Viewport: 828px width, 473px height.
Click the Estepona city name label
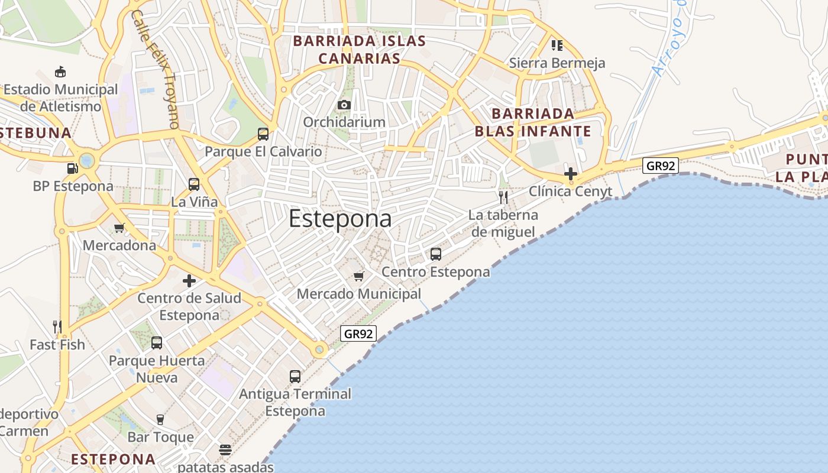340,219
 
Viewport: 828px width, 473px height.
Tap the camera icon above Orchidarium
344,105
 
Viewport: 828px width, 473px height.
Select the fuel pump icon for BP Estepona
73,169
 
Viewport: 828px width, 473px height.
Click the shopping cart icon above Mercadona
119,228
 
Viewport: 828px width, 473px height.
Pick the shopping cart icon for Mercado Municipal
358,276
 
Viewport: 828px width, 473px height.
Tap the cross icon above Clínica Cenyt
571,174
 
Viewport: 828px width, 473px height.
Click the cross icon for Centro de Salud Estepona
189,280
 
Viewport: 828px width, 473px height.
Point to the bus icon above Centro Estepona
436,254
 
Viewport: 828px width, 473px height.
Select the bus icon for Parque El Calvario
263,134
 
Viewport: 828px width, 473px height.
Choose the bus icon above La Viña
194,184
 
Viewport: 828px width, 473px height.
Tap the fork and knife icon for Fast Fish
57,326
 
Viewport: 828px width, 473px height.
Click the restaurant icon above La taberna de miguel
503,197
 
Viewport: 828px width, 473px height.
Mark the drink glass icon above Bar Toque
160,420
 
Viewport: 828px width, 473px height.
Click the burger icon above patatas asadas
225,450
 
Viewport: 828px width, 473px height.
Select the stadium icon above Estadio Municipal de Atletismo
60,72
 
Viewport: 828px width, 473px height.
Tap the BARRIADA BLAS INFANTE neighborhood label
533,122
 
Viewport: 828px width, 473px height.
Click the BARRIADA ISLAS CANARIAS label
360,50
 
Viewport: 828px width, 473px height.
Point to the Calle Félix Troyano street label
155,68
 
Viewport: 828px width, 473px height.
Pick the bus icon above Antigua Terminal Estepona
295,376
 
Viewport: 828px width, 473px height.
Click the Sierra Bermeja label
557,63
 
